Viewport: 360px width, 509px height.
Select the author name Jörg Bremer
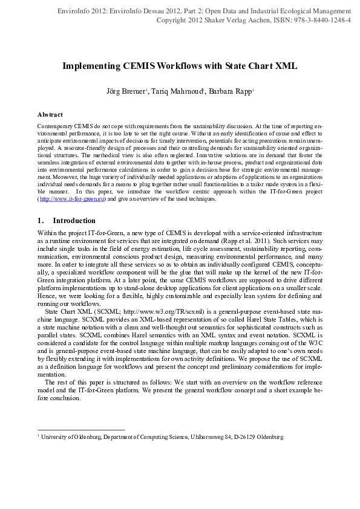click(125, 91)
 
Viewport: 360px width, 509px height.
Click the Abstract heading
click(50, 114)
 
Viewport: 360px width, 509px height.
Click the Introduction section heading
click(74, 221)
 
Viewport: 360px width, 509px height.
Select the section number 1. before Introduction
click(41, 221)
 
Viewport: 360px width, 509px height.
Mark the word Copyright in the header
click(173, 20)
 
